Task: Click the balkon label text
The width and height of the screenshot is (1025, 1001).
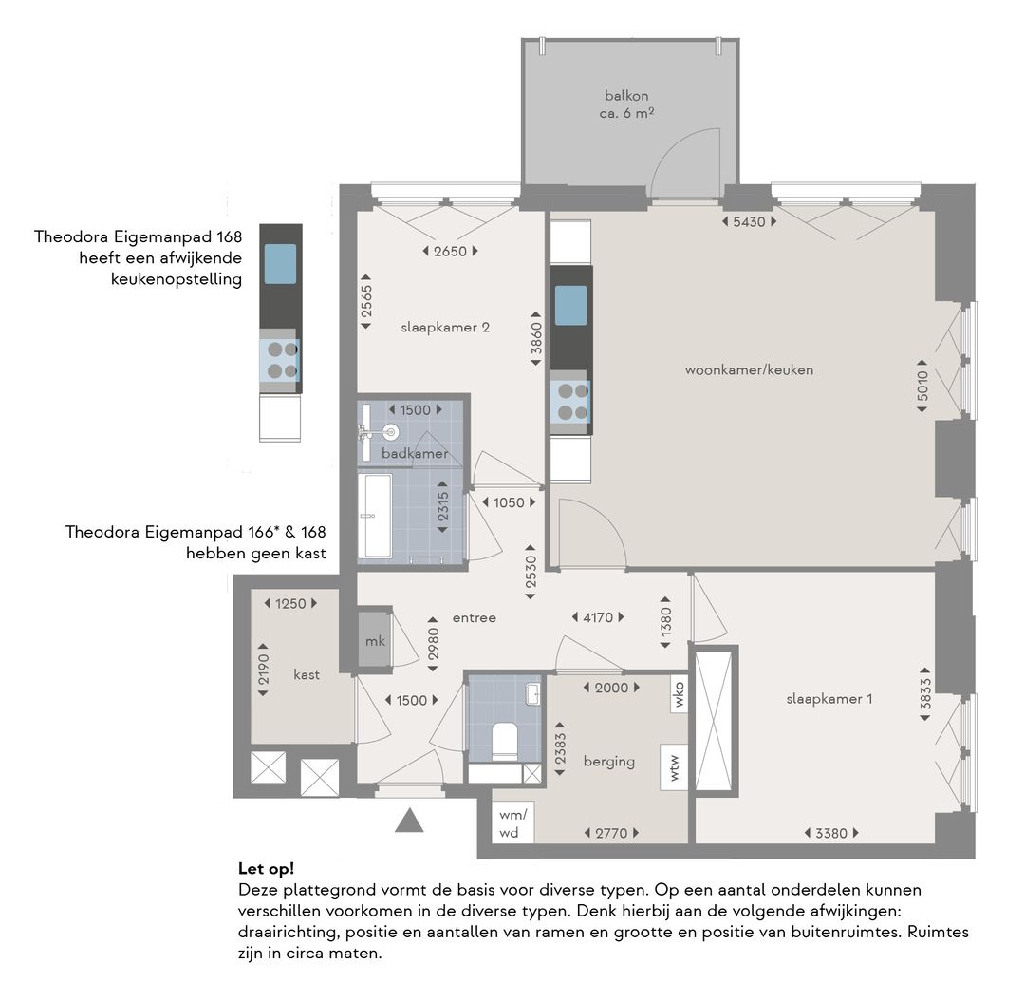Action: click(626, 96)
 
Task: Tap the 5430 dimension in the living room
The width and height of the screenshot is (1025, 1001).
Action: click(749, 222)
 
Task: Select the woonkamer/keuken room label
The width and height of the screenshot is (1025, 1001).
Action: click(749, 370)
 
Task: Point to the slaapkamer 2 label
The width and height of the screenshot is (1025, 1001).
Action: click(445, 328)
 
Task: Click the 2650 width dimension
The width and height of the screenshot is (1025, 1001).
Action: click(451, 252)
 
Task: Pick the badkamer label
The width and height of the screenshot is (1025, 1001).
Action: click(415, 453)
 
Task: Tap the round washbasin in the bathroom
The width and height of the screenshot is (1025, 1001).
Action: click(391, 431)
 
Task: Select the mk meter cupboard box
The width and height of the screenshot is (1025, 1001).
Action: click(375, 640)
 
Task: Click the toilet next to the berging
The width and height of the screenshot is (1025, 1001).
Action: click(505, 742)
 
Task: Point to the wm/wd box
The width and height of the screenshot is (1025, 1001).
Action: click(512, 823)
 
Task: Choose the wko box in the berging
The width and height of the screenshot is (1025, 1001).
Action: click(679, 695)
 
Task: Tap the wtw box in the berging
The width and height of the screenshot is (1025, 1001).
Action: click(674, 767)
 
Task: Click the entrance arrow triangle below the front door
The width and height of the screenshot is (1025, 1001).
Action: click(409, 820)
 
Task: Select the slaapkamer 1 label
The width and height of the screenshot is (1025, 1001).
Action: click(829, 699)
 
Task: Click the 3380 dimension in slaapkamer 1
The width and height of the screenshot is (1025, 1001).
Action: click(831, 834)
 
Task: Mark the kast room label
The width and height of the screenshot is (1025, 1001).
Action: click(307, 674)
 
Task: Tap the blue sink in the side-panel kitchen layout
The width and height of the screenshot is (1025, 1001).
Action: click(280, 264)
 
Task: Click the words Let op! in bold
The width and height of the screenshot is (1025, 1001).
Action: click(266, 869)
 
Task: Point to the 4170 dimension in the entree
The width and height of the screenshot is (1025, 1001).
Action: click(598, 617)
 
